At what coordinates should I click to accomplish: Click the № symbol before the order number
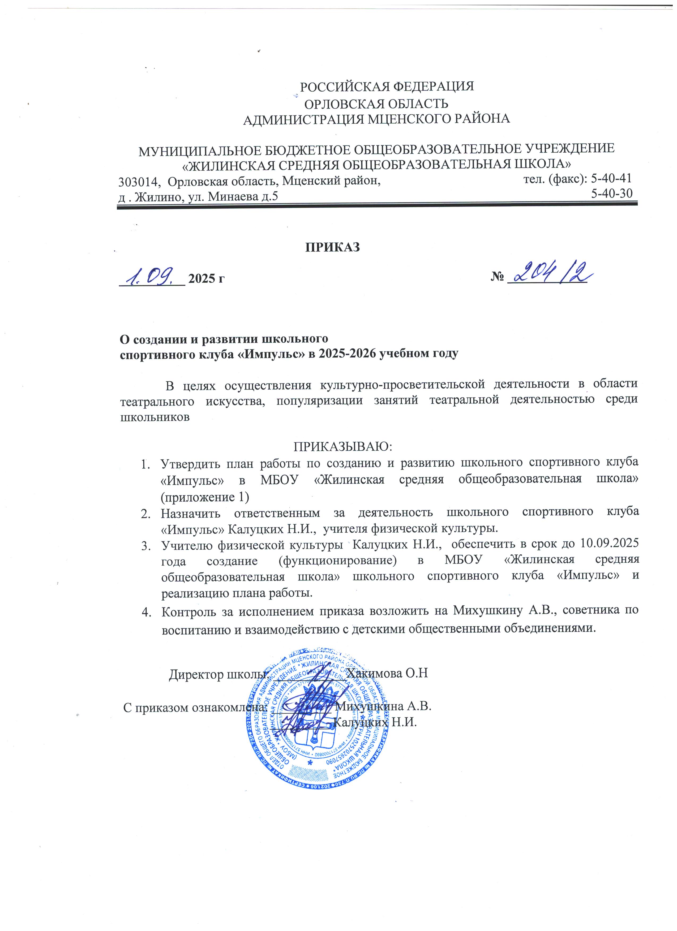pos(497,278)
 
